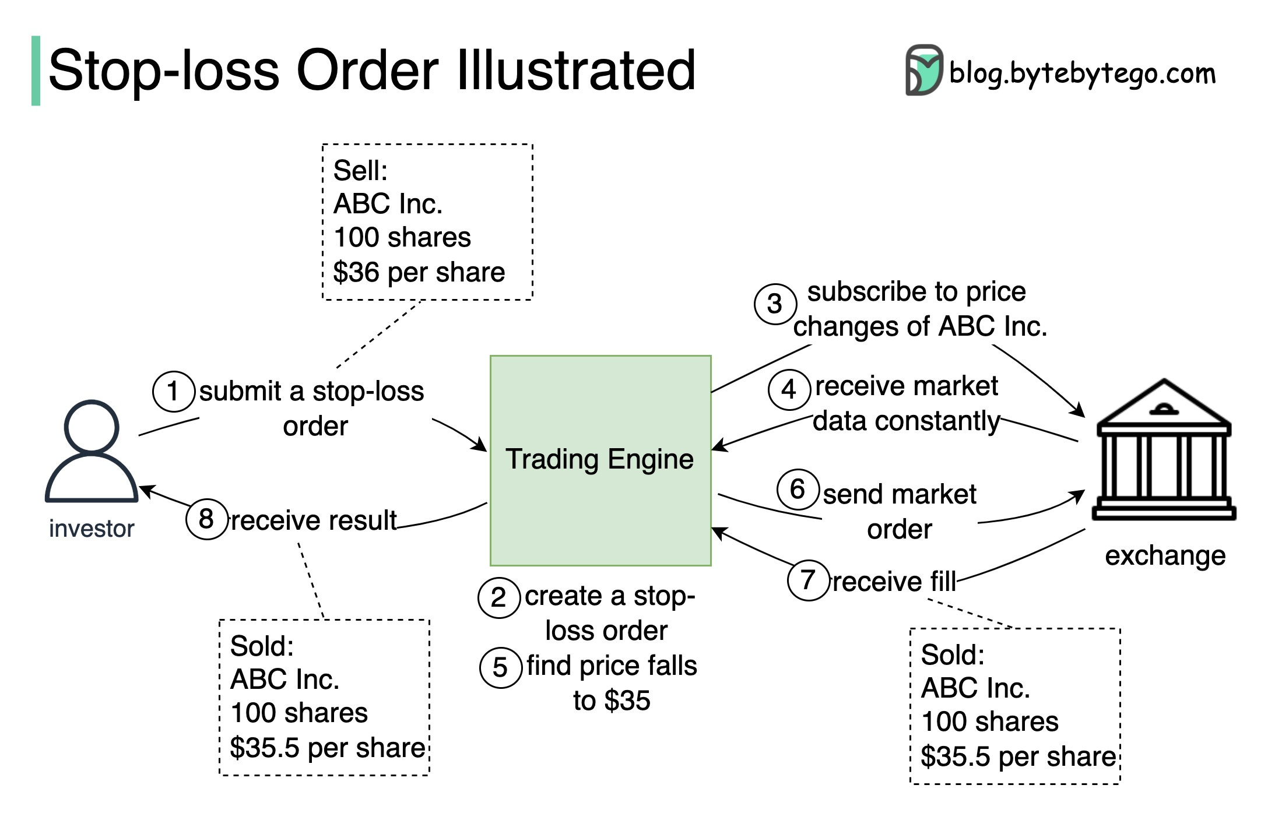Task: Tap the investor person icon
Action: coord(92,452)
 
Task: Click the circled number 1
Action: coord(173,391)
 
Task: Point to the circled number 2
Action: coord(498,597)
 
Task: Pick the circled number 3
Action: coord(775,304)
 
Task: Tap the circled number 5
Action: coord(500,667)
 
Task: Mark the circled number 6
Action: coord(798,489)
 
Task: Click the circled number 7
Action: coord(807,580)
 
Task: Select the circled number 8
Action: coord(206,519)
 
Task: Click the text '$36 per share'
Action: coord(419,272)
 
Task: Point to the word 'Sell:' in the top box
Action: coord(360,171)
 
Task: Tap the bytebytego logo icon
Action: coord(923,70)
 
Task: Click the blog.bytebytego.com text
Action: coord(1082,74)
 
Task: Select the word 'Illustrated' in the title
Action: coord(576,71)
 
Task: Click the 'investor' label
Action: coord(92,529)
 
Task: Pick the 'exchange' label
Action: coord(1165,555)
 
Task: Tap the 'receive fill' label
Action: coord(894,582)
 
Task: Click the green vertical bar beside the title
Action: coord(36,71)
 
